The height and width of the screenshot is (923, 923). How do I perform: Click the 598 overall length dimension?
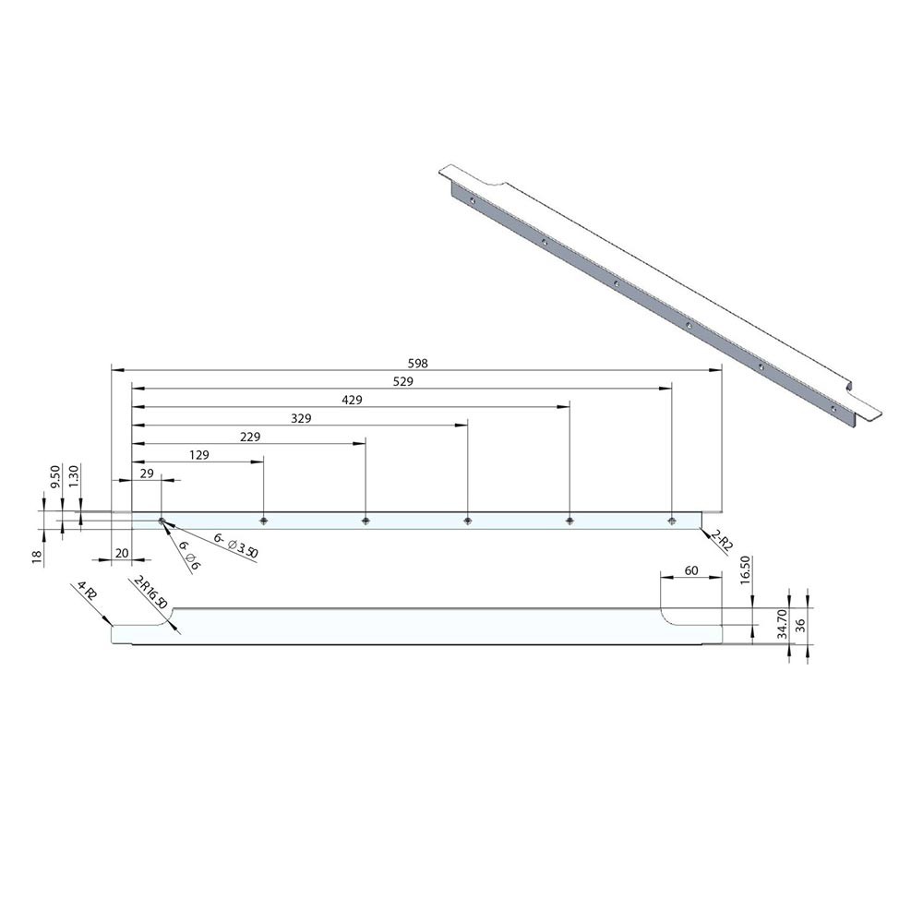[x=417, y=363]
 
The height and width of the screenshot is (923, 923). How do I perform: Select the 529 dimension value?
[x=403, y=381]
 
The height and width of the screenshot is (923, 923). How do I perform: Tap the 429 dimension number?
[x=352, y=400]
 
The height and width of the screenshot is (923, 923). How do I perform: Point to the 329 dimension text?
[x=301, y=418]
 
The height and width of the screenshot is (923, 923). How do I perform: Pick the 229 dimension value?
[x=249, y=437]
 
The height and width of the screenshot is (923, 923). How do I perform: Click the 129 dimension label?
[x=199, y=455]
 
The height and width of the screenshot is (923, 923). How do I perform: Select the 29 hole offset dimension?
[x=147, y=473]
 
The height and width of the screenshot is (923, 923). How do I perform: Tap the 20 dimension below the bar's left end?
[x=122, y=553]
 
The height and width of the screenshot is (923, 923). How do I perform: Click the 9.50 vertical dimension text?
[x=55, y=477]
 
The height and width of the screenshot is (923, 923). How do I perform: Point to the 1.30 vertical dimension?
[x=74, y=477]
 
